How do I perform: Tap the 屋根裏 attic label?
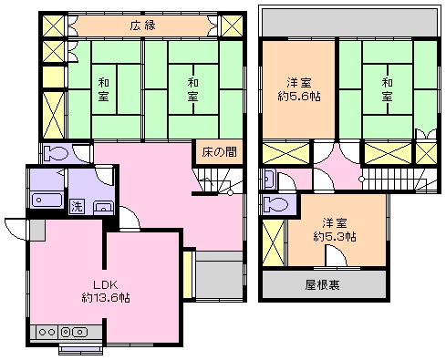323,284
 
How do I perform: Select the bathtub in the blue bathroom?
47,201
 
